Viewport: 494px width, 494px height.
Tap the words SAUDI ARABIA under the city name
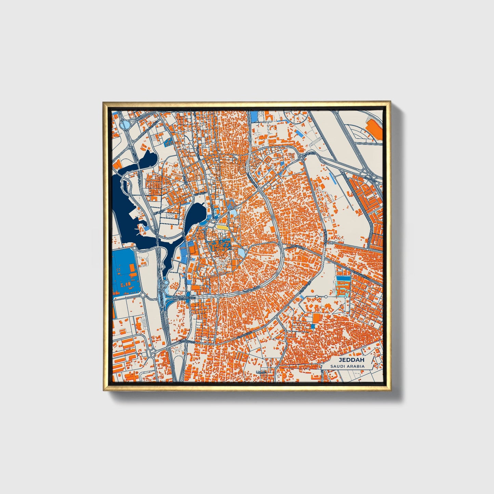[x=347, y=366]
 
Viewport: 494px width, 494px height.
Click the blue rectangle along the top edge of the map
[x=255, y=117]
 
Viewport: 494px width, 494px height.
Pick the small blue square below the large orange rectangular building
[x=312, y=326]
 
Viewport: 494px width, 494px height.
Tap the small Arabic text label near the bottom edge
[x=261, y=372]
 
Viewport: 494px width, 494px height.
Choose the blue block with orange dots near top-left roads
[x=168, y=142]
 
